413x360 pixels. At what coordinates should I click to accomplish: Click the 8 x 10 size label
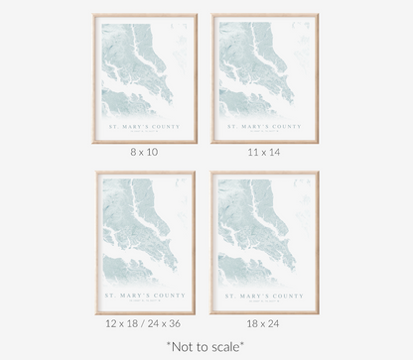coord(145,152)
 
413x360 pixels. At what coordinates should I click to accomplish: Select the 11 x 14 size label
coord(264,152)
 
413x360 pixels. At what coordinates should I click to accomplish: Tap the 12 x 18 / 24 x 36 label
coord(145,324)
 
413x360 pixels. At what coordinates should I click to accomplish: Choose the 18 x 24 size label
coord(264,324)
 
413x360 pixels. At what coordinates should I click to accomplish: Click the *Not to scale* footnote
coord(206,346)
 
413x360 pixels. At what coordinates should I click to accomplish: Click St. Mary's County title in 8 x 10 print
coord(145,126)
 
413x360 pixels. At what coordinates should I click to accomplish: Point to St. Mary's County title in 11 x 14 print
coord(264,126)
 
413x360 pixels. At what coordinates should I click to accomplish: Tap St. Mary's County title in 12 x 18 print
coord(145,295)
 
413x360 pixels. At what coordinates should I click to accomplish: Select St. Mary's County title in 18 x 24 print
coord(264,295)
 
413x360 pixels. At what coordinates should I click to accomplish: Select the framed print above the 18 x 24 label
coord(264,242)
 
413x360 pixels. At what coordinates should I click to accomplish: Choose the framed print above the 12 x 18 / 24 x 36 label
coord(145,242)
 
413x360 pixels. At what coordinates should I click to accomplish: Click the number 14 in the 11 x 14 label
coord(275,152)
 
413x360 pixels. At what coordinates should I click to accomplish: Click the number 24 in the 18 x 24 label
coord(275,324)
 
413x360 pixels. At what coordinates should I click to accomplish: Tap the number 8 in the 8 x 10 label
coord(132,152)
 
